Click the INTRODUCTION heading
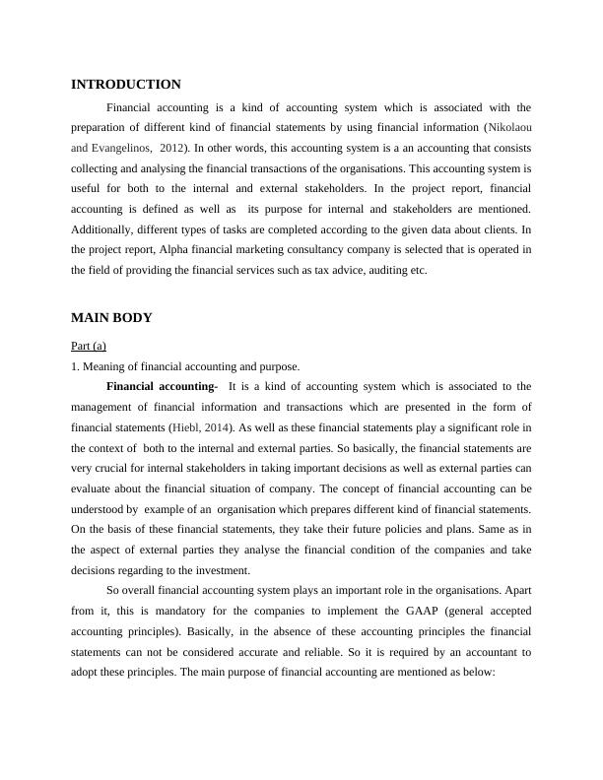coord(126,85)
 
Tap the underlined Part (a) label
coord(89,346)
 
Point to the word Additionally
coord(105,229)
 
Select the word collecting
coord(96,168)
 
